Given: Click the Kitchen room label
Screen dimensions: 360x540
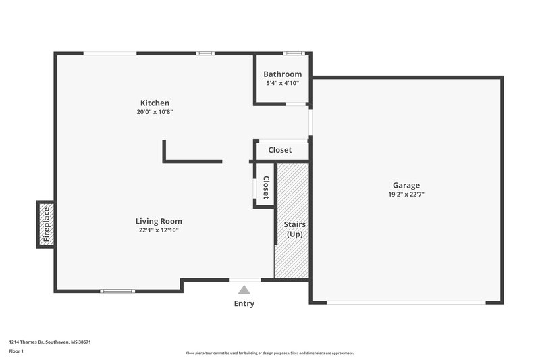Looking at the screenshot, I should [x=155, y=103].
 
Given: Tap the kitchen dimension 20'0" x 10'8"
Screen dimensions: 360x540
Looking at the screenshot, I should [x=155, y=112].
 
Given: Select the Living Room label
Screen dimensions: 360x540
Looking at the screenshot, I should [x=159, y=221].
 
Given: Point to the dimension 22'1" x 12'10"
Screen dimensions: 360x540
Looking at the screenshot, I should [x=159, y=230].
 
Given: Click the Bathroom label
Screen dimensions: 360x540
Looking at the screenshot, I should [x=282, y=74].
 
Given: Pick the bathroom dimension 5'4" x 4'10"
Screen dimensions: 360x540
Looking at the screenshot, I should [x=282, y=83].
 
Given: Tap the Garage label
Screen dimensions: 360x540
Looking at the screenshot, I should [x=406, y=185].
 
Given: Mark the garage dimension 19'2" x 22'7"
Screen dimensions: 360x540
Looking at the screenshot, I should [x=406, y=195].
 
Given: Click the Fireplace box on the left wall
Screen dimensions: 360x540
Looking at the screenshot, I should [x=46, y=224].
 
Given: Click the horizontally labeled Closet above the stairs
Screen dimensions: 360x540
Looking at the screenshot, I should [x=280, y=150].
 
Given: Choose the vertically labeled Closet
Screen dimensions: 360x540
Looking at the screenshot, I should [x=265, y=187].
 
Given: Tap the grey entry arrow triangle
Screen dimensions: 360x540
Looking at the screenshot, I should [x=244, y=290].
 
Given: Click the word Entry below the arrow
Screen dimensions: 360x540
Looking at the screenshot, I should [x=244, y=304].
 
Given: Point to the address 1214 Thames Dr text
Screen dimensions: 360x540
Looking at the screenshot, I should [x=50, y=342].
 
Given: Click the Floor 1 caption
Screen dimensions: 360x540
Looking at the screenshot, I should [x=17, y=352].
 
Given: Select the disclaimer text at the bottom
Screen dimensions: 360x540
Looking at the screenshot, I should [x=270, y=353].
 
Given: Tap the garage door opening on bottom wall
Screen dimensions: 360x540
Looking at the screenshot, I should [x=406, y=302].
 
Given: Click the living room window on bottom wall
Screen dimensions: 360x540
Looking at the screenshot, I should [x=117, y=291].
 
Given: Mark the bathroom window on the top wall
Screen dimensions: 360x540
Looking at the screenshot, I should [x=293, y=53].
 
